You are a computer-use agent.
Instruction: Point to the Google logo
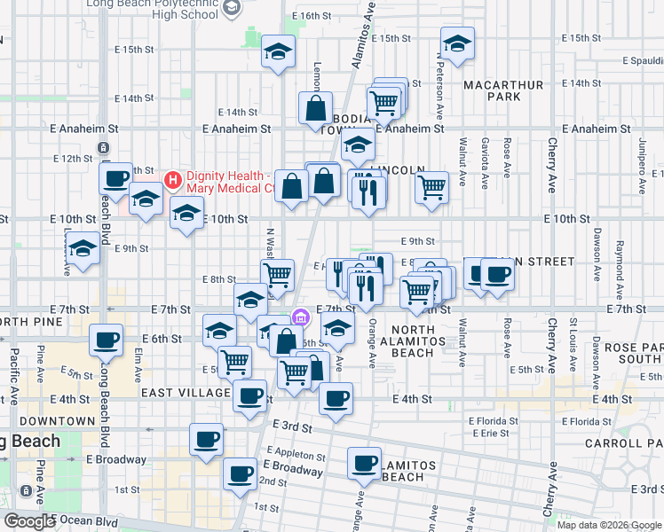click(x=29, y=521)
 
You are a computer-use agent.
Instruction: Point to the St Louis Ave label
click(x=574, y=336)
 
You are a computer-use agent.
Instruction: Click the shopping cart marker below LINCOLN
click(x=431, y=187)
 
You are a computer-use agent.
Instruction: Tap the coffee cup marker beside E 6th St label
click(x=107, y=340)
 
